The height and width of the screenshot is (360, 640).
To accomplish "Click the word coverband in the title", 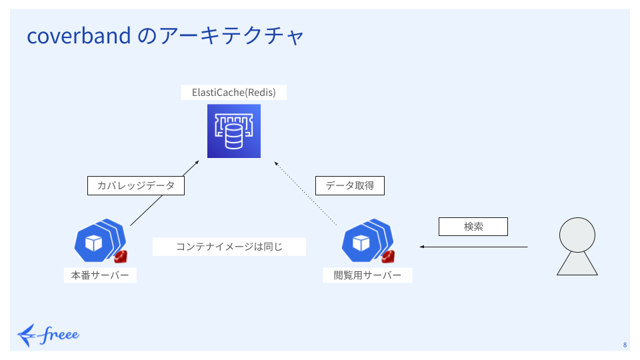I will (x=78, y=36).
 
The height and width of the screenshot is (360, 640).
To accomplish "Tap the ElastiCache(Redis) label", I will (x=233, y=92).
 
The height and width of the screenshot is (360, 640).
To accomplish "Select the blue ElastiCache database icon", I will (x=233, y=131).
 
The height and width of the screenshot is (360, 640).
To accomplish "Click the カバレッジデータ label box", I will (x=135, y=185).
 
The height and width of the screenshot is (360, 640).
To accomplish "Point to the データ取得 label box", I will (x=350, y=185).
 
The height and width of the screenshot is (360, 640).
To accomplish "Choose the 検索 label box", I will (x=473, y=227).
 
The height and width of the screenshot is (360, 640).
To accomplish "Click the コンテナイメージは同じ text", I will (x=229, y=247).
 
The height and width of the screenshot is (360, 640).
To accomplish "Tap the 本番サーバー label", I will (x=100, y=275).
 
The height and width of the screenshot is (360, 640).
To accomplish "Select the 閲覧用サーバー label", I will (x=367, y=275).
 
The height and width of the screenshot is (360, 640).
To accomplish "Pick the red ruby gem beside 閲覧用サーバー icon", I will (x=388, y=257).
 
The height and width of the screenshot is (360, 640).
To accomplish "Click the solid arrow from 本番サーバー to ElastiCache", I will (x=163, y=193).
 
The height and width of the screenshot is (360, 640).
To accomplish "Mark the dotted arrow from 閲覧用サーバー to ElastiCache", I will (x=308, y=193).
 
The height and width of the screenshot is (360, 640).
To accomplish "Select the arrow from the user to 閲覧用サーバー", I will (x=473, y=247).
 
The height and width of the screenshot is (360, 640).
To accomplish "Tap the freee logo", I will (x=48, y=334).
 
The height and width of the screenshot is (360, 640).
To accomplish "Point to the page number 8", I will (x=625, y=345).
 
